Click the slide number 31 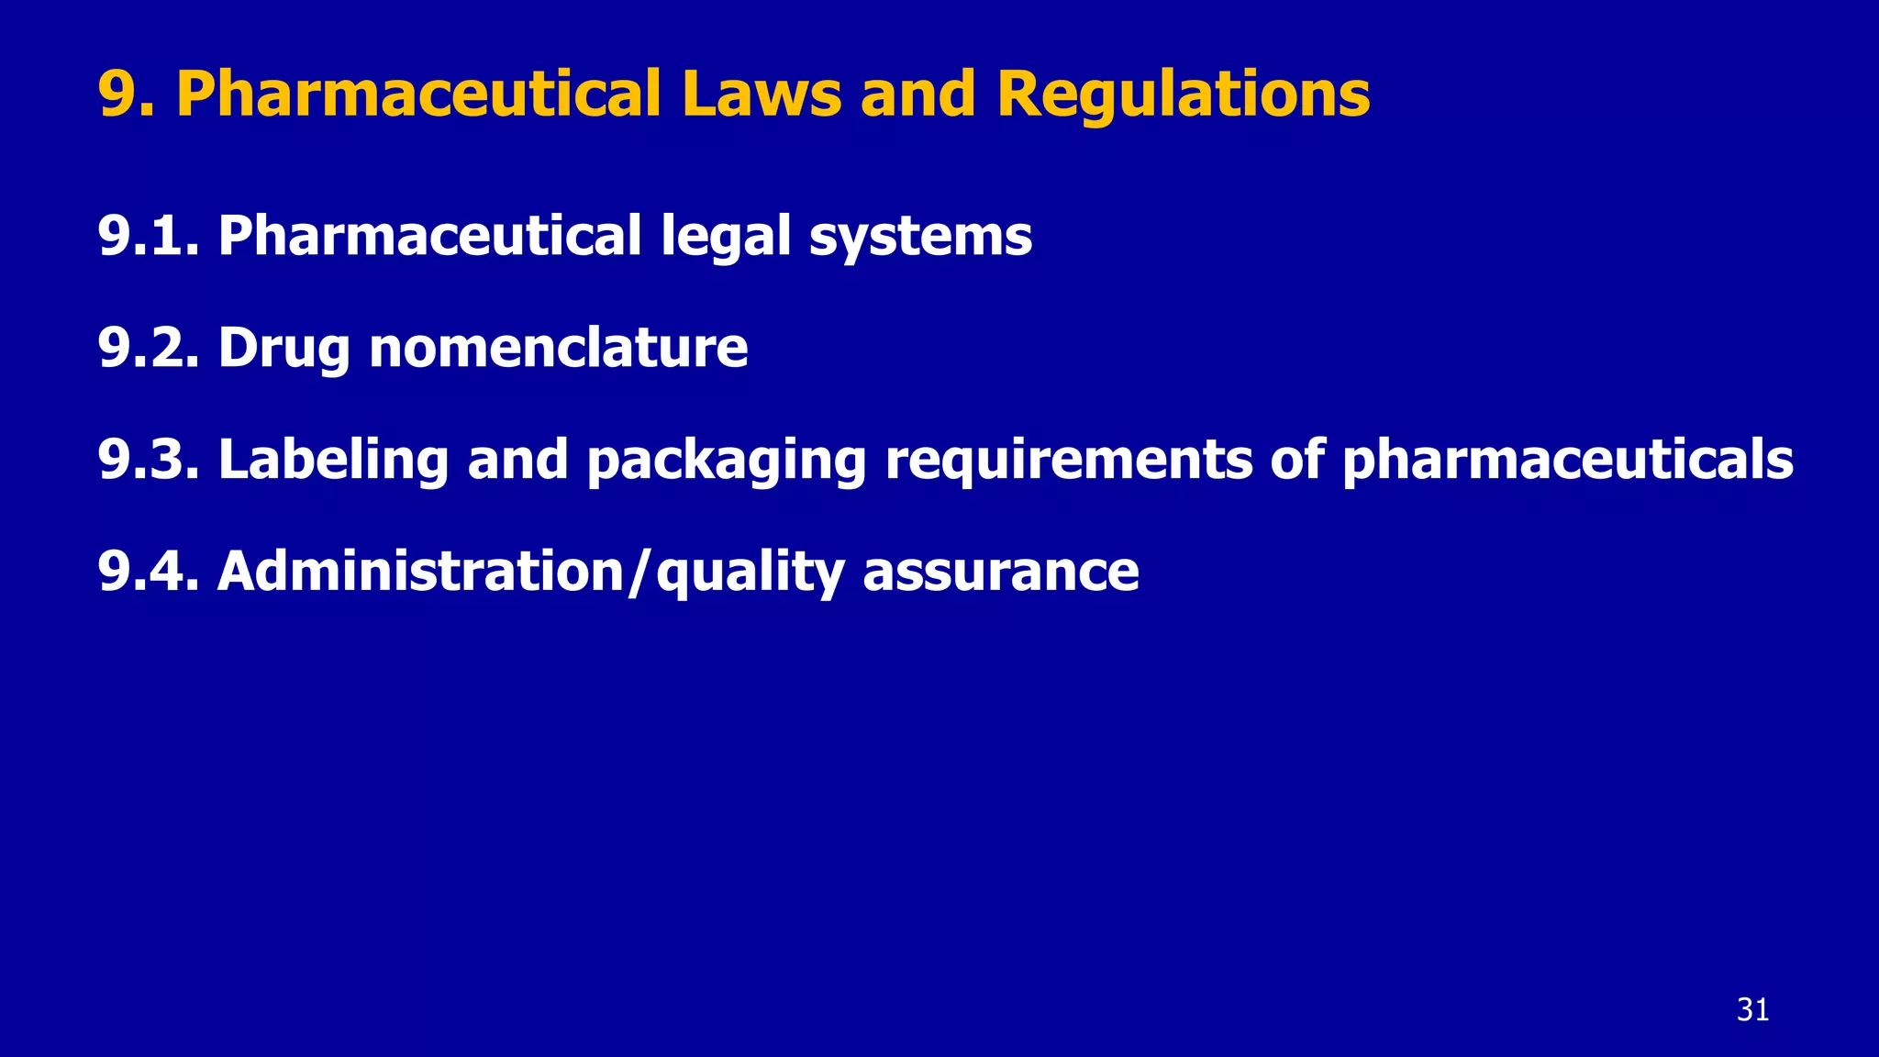(x=1752, y=1009)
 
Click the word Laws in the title (x=761, y=94)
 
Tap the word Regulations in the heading (x=1183, y=94)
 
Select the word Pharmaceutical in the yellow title (x=418, y=94)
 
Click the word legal (x=725, y=236)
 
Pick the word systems (x=920, y=238)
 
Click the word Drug (x=284, y=350)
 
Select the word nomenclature (x=559, y=348)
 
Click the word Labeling (x=333, y=461)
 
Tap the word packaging (x=727, y=461)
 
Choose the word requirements (x=1068, y=461)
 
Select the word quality (x=750, y=573)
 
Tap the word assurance (x=1001, y=573)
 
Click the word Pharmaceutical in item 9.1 (x=429, y=236)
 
